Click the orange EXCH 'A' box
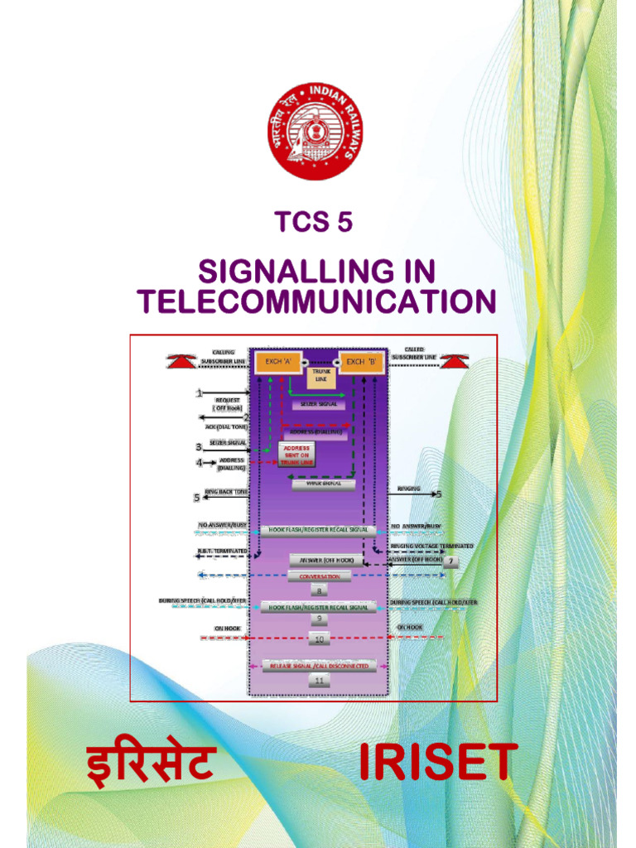(x=278, y=362)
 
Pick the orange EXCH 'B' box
(x=361, y=362)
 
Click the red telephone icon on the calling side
(x=181, y=361)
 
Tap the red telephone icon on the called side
(x=455, y=361)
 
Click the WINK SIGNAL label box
(x=323, y=484)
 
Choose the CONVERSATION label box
(x=319, y=576)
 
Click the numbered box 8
(x=319, y=590)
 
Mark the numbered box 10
(x=319, y=638)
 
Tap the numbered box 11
(x=319, y=680)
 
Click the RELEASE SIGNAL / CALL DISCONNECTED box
(x=319, y=666)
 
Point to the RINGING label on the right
(x=408, y=489)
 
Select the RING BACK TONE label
(x=226, y=492)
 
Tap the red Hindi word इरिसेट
(x=152, y=765)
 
